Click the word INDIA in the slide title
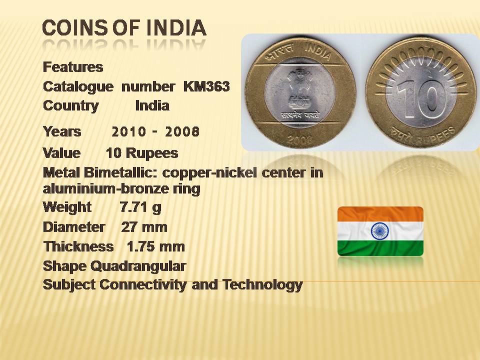click(x=176, y=27)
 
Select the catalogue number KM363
click(x=206, y=86)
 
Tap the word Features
click(x=73, y=67)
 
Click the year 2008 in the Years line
click(x=182, y=132)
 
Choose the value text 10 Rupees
click(x=142, y=153)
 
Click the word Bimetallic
click(x=120, y=173)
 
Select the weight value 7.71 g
click(x=140, y=207)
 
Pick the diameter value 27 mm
click(x=144, y=227)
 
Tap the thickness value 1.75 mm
click(x=156, y=246)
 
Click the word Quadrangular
click(x=138, y=266)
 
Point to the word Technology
click(x=262, y=285)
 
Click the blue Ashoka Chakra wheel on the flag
click(x=380, y=231)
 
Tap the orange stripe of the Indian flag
click(x=380, y=214)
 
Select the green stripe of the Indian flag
click(x=380, y=248)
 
